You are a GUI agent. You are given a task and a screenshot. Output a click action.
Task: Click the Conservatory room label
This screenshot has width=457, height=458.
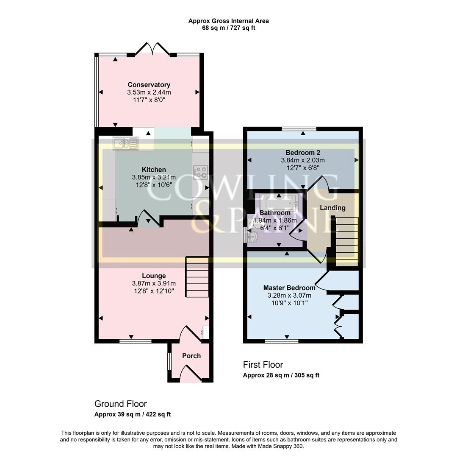[x=149, y=85]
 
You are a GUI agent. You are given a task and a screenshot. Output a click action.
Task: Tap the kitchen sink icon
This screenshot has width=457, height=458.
[x=125, y=144]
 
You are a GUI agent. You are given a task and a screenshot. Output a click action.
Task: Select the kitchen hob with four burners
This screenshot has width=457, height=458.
[x=200, y=172]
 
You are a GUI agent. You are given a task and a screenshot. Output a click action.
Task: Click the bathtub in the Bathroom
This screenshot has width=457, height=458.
[x=279, y=203]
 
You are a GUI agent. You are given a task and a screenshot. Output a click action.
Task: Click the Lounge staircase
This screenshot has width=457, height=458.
[x=197, y=277]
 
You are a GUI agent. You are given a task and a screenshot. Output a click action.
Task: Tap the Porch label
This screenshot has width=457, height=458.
[x=191, y=356]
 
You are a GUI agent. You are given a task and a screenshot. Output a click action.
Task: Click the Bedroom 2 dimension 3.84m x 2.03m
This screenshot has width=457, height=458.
[x=303, y=160]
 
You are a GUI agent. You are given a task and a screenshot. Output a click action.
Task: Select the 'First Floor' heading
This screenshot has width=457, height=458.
[x=263, y=365]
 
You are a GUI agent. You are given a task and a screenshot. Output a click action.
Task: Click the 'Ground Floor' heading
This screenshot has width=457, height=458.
[x=120, y=404]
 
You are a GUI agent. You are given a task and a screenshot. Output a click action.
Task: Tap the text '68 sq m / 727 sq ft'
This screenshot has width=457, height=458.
[x=228, y=28]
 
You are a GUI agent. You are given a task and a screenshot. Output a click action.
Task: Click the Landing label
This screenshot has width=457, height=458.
[x=332, y=208]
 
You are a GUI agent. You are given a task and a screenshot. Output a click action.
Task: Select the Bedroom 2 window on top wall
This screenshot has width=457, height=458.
[x=299, y=128]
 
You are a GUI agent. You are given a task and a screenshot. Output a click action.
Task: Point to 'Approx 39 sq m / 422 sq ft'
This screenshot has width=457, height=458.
[x=132, y=414]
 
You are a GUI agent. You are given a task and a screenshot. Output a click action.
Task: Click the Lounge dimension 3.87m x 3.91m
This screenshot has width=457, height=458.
[x=154, y=284]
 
